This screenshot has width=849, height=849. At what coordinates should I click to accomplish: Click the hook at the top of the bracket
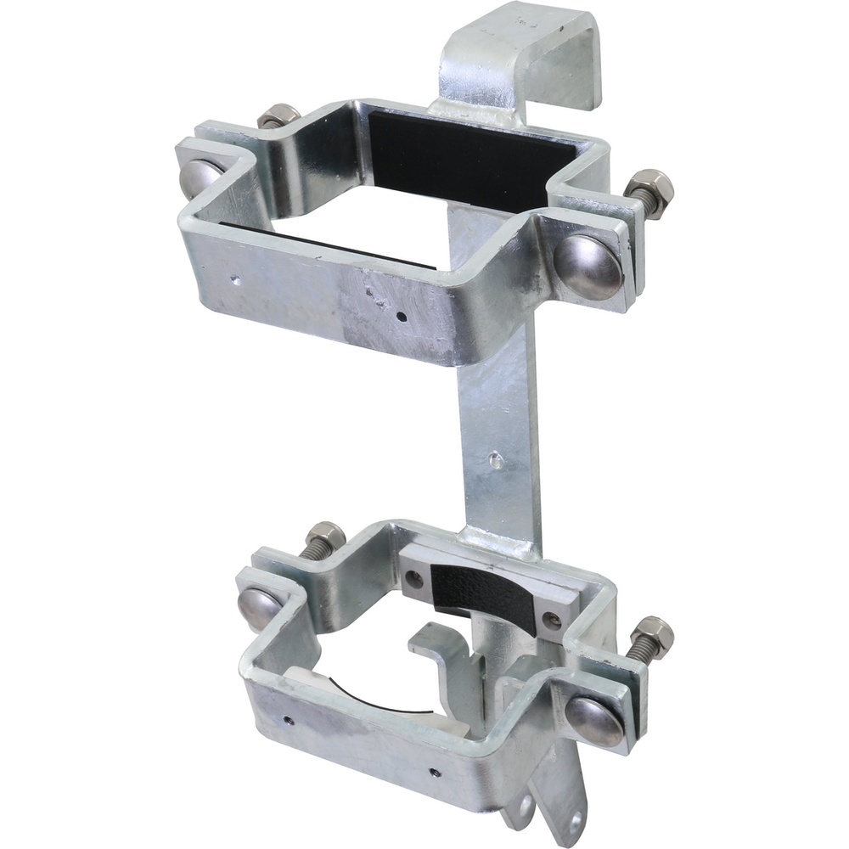click(x=526, y=51)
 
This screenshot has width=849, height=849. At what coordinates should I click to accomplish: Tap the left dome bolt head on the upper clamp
click(x=200, y=177)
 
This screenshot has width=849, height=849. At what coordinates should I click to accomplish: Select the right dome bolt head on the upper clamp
click(x=588, y=267)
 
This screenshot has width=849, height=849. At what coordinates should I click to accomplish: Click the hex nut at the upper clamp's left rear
click(x=278, y=115)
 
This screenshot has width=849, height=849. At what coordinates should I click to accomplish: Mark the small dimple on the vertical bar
click(x=496, y=459)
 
